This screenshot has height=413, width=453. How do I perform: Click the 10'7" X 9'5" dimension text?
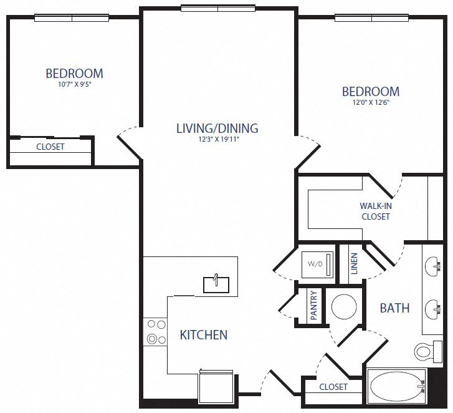coord(74,84)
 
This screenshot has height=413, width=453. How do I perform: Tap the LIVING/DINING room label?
coord(217,129)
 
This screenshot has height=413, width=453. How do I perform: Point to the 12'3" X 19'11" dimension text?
coord(217,139)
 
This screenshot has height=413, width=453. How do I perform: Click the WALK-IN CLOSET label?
coord(375,211)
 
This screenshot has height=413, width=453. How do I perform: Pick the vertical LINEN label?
coord(354,264)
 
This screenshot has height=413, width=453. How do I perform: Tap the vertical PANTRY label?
coord(314,306)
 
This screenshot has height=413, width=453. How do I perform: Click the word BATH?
coord(394,308)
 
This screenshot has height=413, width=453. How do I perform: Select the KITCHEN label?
coord(204,335)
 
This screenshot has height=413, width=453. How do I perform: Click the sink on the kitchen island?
coord(217,284)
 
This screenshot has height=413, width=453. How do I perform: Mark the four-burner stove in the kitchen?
coord(155,331)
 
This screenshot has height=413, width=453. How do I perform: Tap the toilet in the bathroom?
coord(424,352)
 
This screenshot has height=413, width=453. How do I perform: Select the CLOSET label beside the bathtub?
coord(333,387)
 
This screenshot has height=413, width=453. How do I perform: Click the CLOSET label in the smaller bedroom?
coord(50,147)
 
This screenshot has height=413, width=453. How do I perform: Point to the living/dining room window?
coord(217,8)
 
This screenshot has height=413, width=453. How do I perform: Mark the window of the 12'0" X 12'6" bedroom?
coord(371,18)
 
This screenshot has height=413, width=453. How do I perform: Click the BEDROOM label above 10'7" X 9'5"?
coord(74,73)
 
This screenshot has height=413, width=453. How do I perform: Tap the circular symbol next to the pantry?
coord(343,306)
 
